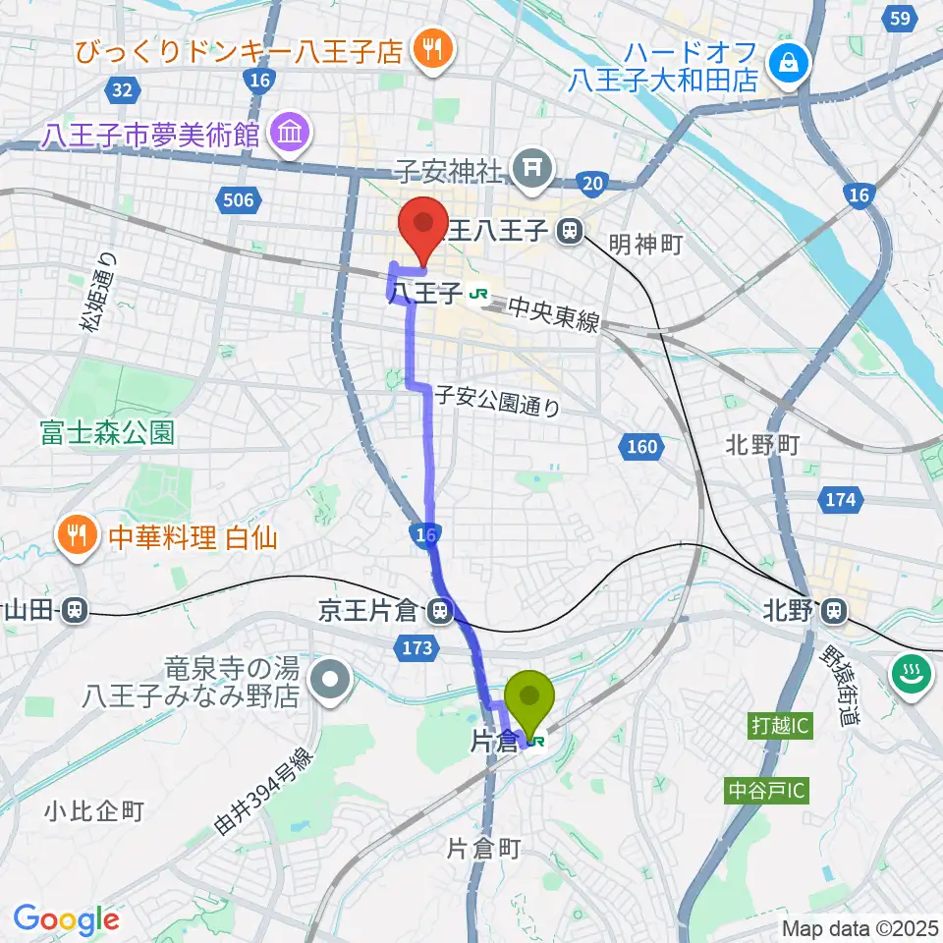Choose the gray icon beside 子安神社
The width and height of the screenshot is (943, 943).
532,166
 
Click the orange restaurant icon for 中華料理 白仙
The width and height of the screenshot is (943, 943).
78,534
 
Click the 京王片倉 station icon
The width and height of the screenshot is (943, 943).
440,613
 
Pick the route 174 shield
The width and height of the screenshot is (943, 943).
839,500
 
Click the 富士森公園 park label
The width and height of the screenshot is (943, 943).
108,432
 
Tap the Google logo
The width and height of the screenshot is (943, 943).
66,919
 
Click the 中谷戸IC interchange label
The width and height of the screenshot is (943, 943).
767,789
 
